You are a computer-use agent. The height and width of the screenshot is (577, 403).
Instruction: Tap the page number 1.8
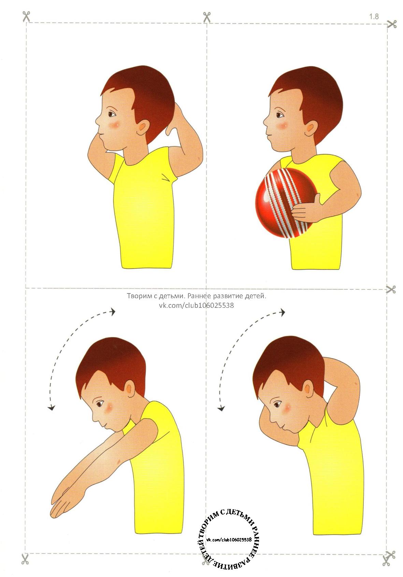(x=374, y=16)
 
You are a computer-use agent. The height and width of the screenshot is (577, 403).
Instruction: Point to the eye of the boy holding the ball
(x=279, y=115)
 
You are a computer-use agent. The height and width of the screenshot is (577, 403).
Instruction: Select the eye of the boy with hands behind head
(x=112, y=114)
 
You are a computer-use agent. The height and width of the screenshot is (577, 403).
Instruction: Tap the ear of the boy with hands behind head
(x=143, y=128)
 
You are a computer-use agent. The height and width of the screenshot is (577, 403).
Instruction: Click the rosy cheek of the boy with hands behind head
(x=114, y=125)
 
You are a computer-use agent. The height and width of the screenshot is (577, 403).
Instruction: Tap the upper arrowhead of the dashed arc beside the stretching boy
(x=113, y=312)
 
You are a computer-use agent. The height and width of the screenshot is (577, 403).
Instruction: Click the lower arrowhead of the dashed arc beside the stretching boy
(x=52, y=408)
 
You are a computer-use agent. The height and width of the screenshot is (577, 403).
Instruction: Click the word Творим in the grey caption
(x=139, y=296)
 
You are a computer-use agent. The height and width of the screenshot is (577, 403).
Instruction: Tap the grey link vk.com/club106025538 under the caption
(x=196, y=305)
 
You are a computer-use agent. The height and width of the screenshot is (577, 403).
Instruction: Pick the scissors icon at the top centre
(x=207, y=17)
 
